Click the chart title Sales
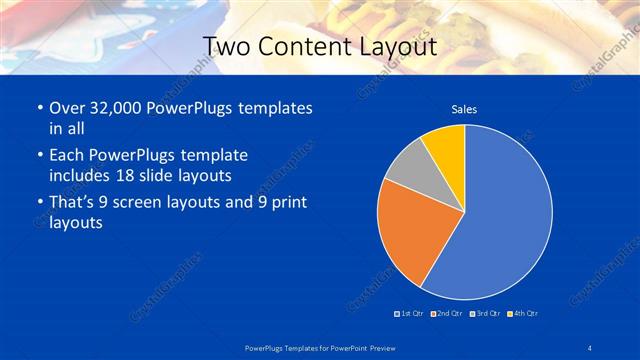tap(464, 109)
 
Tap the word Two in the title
tap(228, 46)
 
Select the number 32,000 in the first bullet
tap(111, 107)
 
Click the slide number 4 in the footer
tap(590, 346)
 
